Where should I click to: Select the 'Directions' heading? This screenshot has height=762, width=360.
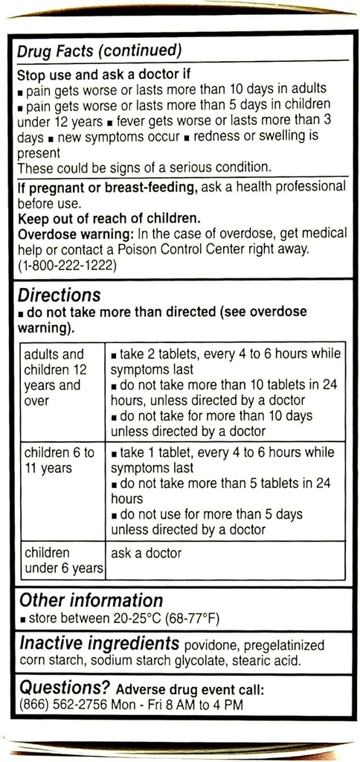60,296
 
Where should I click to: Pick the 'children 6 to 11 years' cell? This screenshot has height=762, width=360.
60,461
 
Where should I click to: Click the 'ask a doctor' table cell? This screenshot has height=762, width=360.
146,554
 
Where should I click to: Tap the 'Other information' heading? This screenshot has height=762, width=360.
90,601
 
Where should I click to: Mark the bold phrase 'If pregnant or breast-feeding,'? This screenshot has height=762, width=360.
107,188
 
